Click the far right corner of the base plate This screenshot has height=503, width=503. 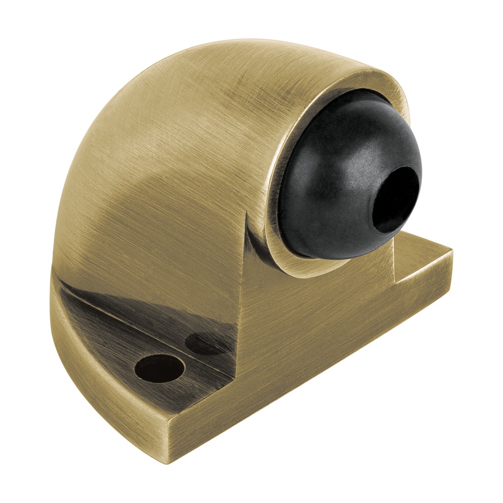point(451,253)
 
